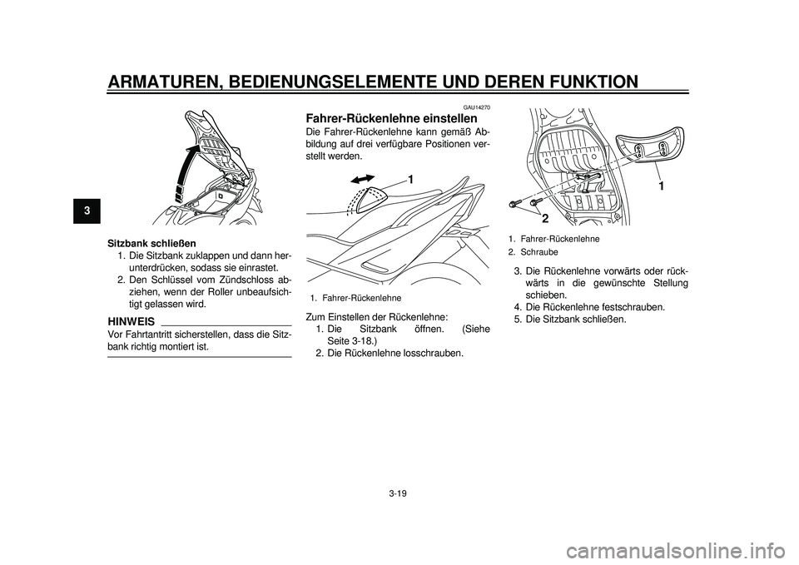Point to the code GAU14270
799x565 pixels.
coord(477,107)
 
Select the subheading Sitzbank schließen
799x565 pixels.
coord(152,243)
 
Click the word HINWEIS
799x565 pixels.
coord(130,320)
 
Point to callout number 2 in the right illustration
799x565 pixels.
coord(545,218)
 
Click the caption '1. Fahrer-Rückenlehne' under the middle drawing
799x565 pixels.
coord(355,297)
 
